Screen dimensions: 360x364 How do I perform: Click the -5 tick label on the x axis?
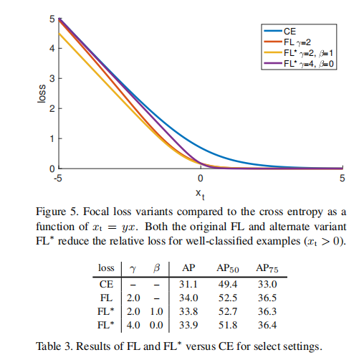pyautogui.click(x=59, y=179)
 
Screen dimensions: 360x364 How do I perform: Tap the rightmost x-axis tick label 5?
pyautogui.click(x=343, y=179)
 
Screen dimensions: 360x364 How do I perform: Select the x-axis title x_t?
pyautogui.click(x=201, y=193)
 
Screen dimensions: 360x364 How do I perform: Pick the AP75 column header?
pyautogui.click(x=266, y=268)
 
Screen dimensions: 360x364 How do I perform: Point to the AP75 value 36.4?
pyautogui.click(x=266, y=325)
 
